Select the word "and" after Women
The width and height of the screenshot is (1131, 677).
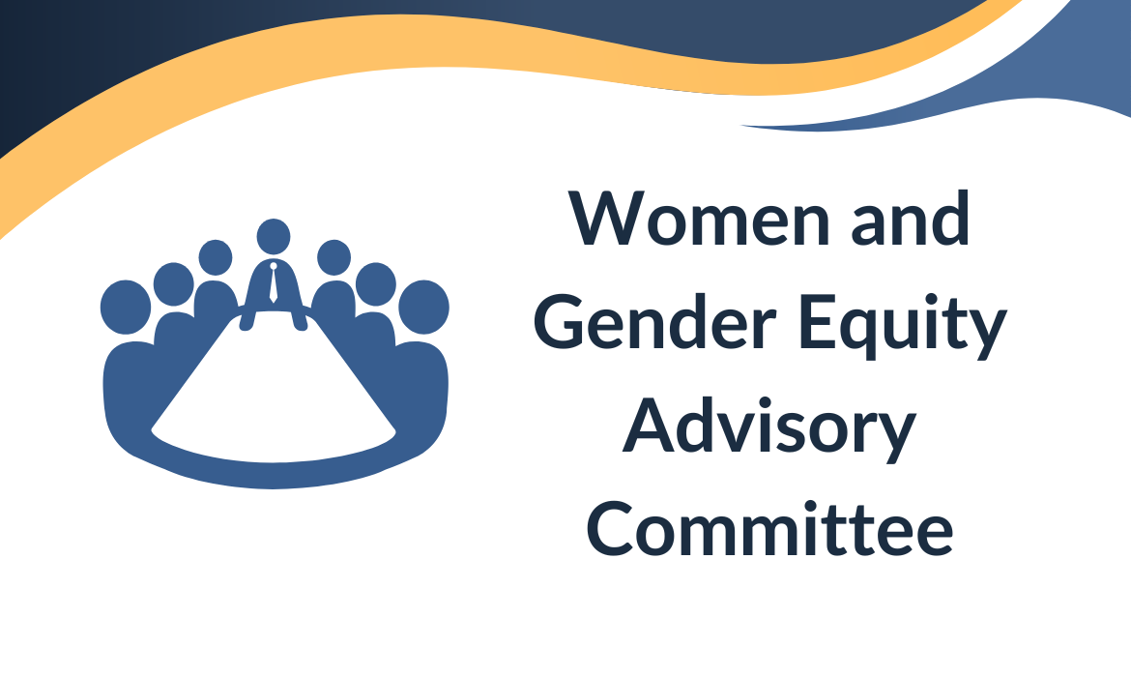coord(911,217)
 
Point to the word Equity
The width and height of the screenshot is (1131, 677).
coord(903,326)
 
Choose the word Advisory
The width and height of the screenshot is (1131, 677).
coord(768,428)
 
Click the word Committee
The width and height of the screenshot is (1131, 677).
coord(769,528)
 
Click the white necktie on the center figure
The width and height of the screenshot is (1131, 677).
coord(274,282)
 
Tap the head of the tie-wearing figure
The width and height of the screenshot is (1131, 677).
coord(274,237)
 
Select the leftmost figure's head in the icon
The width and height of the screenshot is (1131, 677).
coord(126,308)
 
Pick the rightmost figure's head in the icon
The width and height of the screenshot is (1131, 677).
coord(423,308)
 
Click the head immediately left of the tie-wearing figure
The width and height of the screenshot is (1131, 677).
coord(215,257)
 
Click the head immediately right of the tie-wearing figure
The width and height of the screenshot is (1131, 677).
coord(333,257)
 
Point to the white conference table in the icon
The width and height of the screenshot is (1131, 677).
coord(273,390)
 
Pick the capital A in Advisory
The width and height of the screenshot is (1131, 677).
coord(649,425)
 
